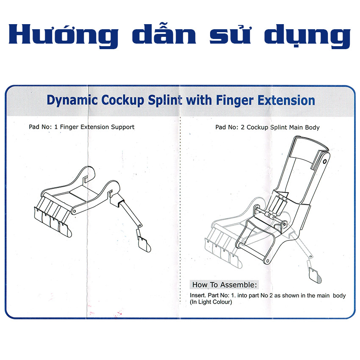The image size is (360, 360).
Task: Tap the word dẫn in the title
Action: click(x=164, y=33)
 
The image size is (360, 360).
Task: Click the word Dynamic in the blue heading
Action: click(x=72, y=100)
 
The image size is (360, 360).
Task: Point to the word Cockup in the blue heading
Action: click(x=123, y=100)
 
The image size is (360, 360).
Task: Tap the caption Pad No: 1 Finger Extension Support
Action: click(x=81, y=127)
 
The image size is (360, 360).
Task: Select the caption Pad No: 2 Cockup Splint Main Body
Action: click(x=267, y=127)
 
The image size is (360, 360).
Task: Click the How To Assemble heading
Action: click(x=224, y=285)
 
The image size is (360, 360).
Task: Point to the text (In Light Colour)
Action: click(x=211, y=302)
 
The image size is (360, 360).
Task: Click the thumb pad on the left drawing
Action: click(x=144, y=244)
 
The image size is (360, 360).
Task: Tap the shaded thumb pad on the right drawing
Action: click(x=315, y=275)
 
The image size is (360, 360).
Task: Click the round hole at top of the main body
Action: click(x=325, y=162)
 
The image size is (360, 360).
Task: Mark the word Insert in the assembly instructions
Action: click(x=197, y=295)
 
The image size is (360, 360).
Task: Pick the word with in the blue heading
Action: click(x=199, y=100)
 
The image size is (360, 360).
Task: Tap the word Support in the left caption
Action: click(x=122, y=127)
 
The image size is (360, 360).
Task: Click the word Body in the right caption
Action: click(x=312, y=127)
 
